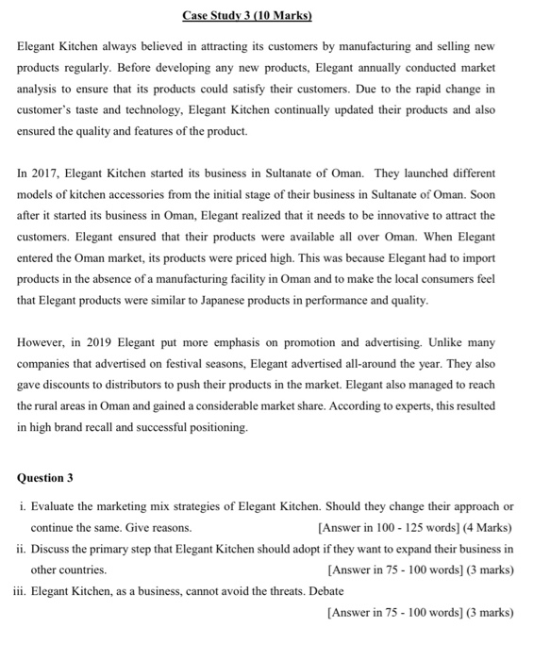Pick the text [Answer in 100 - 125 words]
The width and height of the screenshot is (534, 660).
[x=388, y=527]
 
